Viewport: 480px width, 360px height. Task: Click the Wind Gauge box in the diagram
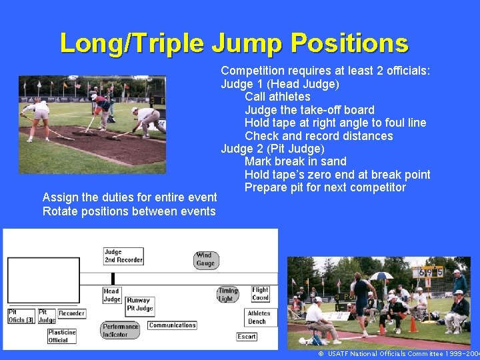(x=205, y=259)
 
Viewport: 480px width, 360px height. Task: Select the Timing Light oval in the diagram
(x=228, y=295)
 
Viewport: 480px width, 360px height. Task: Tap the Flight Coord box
(x=260, y=294)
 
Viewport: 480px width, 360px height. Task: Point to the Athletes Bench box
(x=259, y=317)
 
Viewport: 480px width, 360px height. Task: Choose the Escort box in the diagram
(x=247, y=337)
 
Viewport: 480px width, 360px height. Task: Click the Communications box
(x=172, y=325)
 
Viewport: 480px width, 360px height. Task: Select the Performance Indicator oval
(x=121, y=330)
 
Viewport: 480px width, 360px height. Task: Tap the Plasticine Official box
(x=62, y=336)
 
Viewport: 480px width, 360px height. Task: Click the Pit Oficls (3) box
(x=21, y=316)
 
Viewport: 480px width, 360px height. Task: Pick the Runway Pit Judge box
(x=140, y=305)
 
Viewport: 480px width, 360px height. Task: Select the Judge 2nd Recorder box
(x=123, y=256)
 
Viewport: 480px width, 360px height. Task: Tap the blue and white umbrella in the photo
(x=381, y=275)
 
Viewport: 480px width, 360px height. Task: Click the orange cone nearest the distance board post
(x=413, y=325)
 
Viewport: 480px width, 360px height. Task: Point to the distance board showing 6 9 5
(x=429, y=272)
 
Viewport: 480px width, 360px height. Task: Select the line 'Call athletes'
(x=277, y=97)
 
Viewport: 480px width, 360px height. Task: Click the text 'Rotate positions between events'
(x=129, y=211)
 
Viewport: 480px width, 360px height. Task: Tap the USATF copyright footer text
(x=398, y=354)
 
